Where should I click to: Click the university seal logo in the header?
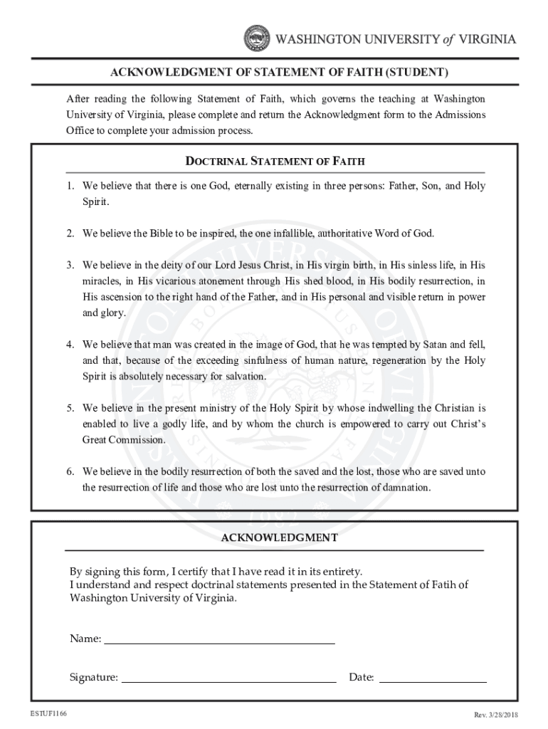tap(257, 39)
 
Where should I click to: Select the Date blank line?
tap(433, 677)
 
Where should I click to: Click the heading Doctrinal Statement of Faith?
tap(275, 162)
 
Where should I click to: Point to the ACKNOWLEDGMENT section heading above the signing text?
tap(278, 538)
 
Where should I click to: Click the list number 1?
tap(71, 186)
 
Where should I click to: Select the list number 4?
tap(71, 345)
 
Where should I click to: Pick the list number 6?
tap(71, 472)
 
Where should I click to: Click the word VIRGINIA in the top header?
tap(488, 40)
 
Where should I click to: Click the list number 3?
tap(71, 265)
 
